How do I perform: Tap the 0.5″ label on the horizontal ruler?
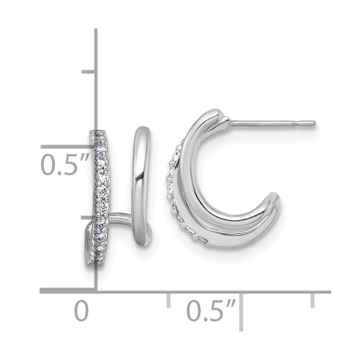coord(211,310)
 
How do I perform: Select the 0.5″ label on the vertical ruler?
coord(65,165)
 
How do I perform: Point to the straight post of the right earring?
coord(273,124)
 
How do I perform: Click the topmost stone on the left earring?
coord(95,135)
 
